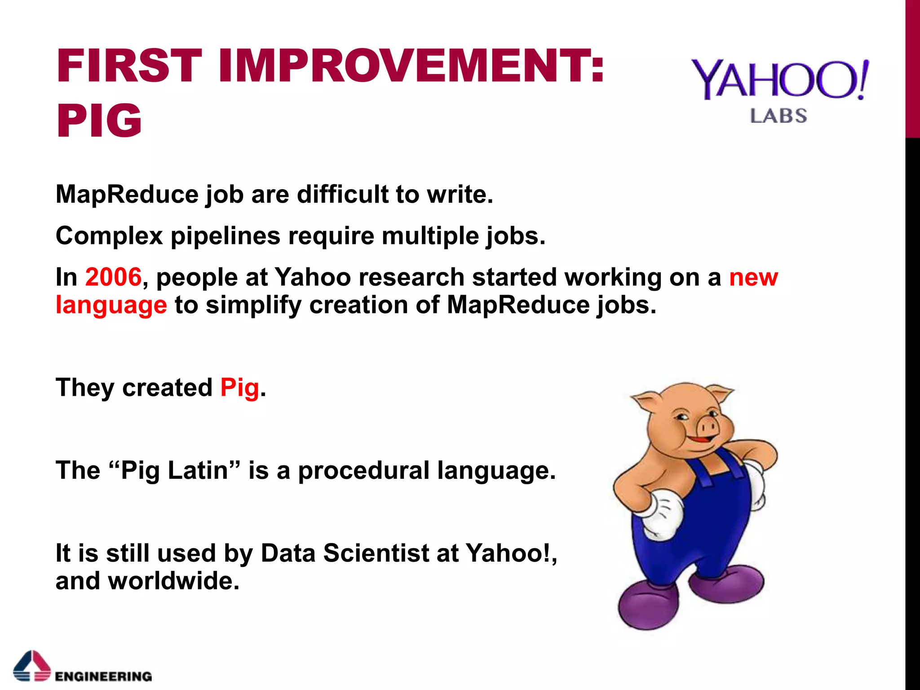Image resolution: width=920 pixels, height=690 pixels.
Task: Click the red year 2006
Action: pyautogui.click(x=113, y=277)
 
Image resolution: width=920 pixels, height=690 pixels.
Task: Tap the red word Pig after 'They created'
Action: pyautogui.click(x=239, y=388)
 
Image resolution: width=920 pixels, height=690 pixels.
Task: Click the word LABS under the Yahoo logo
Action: pyautogui.click(x=778, y=116)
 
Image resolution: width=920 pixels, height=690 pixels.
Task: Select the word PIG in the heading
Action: pyautogui.click(x=99, y=120)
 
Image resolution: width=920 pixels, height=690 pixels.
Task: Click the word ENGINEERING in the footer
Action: pyautogui.click(x=103, y=676)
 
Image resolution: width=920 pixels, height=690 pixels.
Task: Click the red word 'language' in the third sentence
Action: pyautogui.click(x=111, y=305)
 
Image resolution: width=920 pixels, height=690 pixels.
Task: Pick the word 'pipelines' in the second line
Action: pyautogui.click(x=225, y=236)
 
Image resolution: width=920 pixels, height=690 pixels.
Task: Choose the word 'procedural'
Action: pyautogui.click(x=363, y=471)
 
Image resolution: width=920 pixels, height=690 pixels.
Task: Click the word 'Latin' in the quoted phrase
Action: pyautogui.click(x=198, y=471)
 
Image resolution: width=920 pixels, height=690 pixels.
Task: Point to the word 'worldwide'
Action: pyautogui.click(x=173, y=581)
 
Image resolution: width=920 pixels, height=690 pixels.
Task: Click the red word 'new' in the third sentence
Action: pyautogui.click(x=753, y=277)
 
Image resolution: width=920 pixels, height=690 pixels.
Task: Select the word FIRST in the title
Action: pyautogui.click(x=129, y=66)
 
